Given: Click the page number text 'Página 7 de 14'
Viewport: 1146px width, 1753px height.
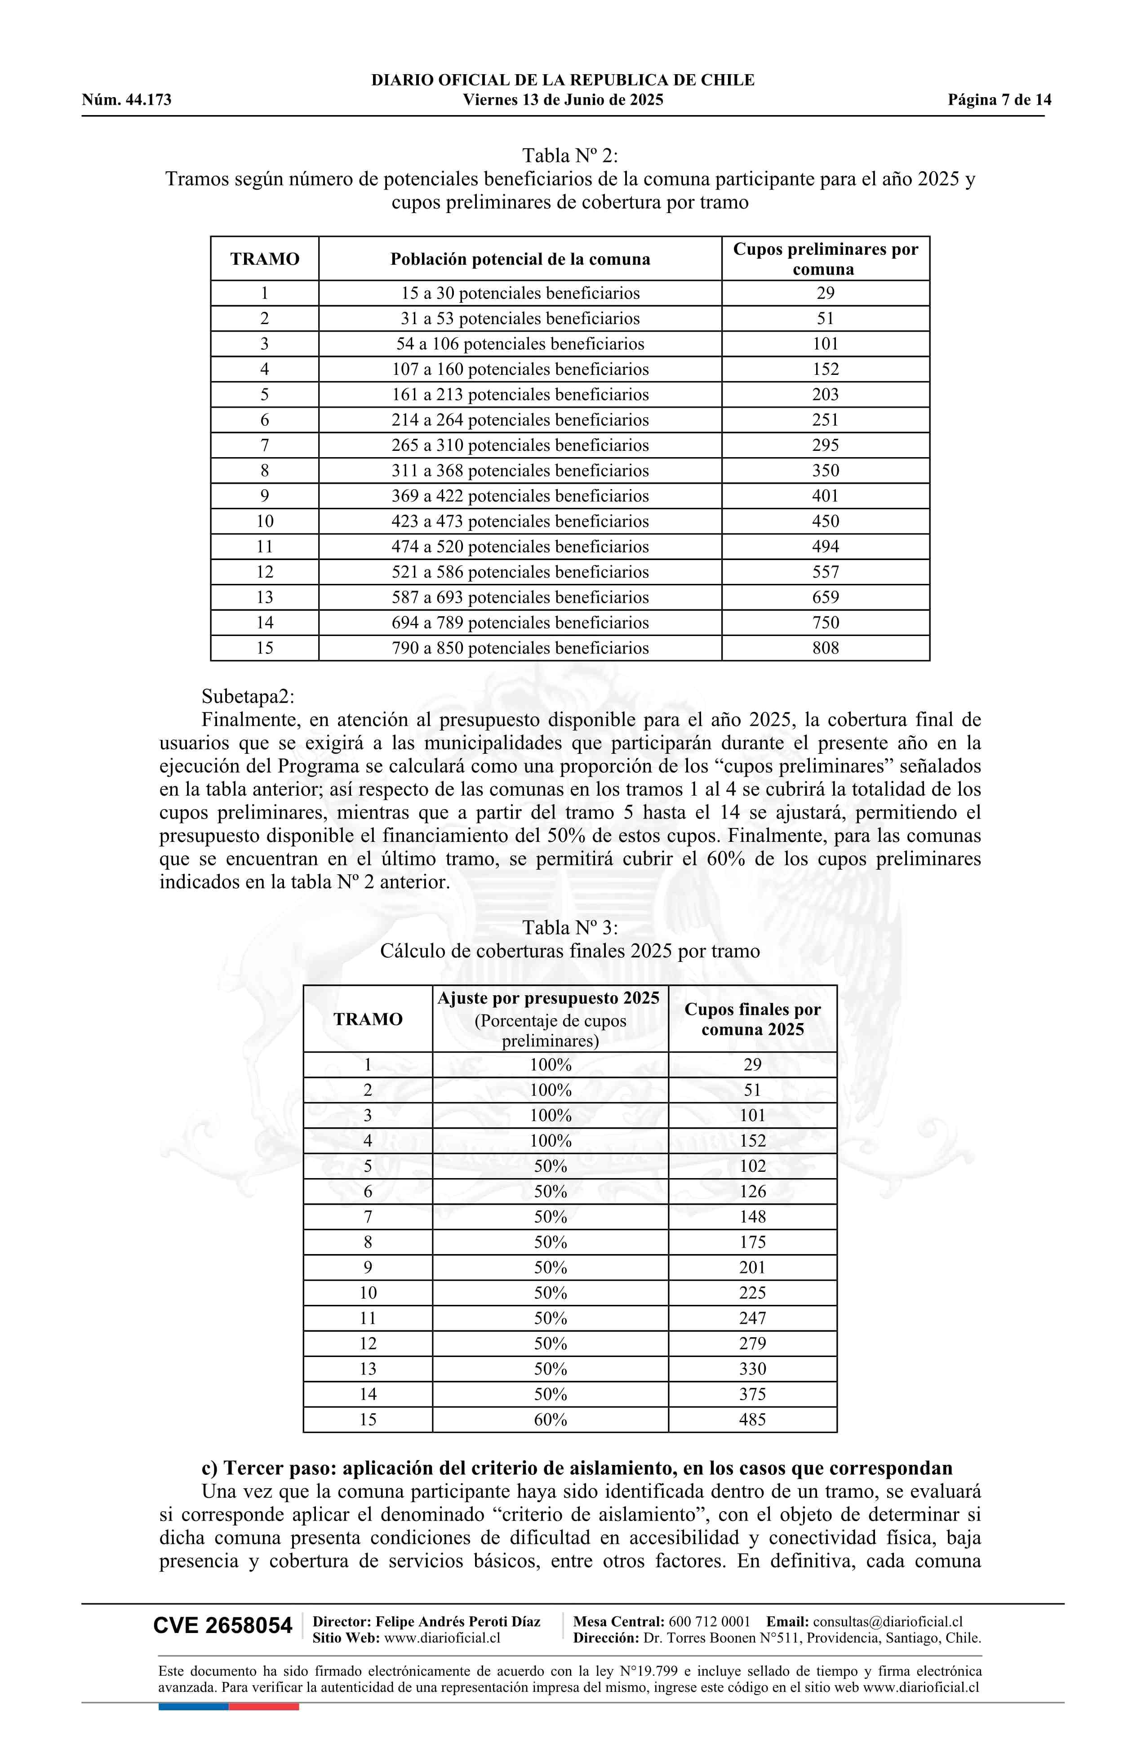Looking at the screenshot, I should pos(999,100).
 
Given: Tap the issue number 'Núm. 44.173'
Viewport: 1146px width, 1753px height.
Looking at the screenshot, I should pos(127,100).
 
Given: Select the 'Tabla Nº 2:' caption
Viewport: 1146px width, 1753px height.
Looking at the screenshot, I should pos(569,156).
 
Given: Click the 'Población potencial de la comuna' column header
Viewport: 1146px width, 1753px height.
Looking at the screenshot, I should pos(520,259).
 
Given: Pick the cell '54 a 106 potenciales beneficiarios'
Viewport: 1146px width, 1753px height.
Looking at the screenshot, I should pos(520,344).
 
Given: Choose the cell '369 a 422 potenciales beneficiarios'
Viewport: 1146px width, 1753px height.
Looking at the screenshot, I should pos(520,496).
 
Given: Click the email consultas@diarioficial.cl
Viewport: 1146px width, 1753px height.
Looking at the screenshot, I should pos(888,1621).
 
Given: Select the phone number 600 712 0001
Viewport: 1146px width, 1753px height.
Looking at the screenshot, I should pos(709,1621).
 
